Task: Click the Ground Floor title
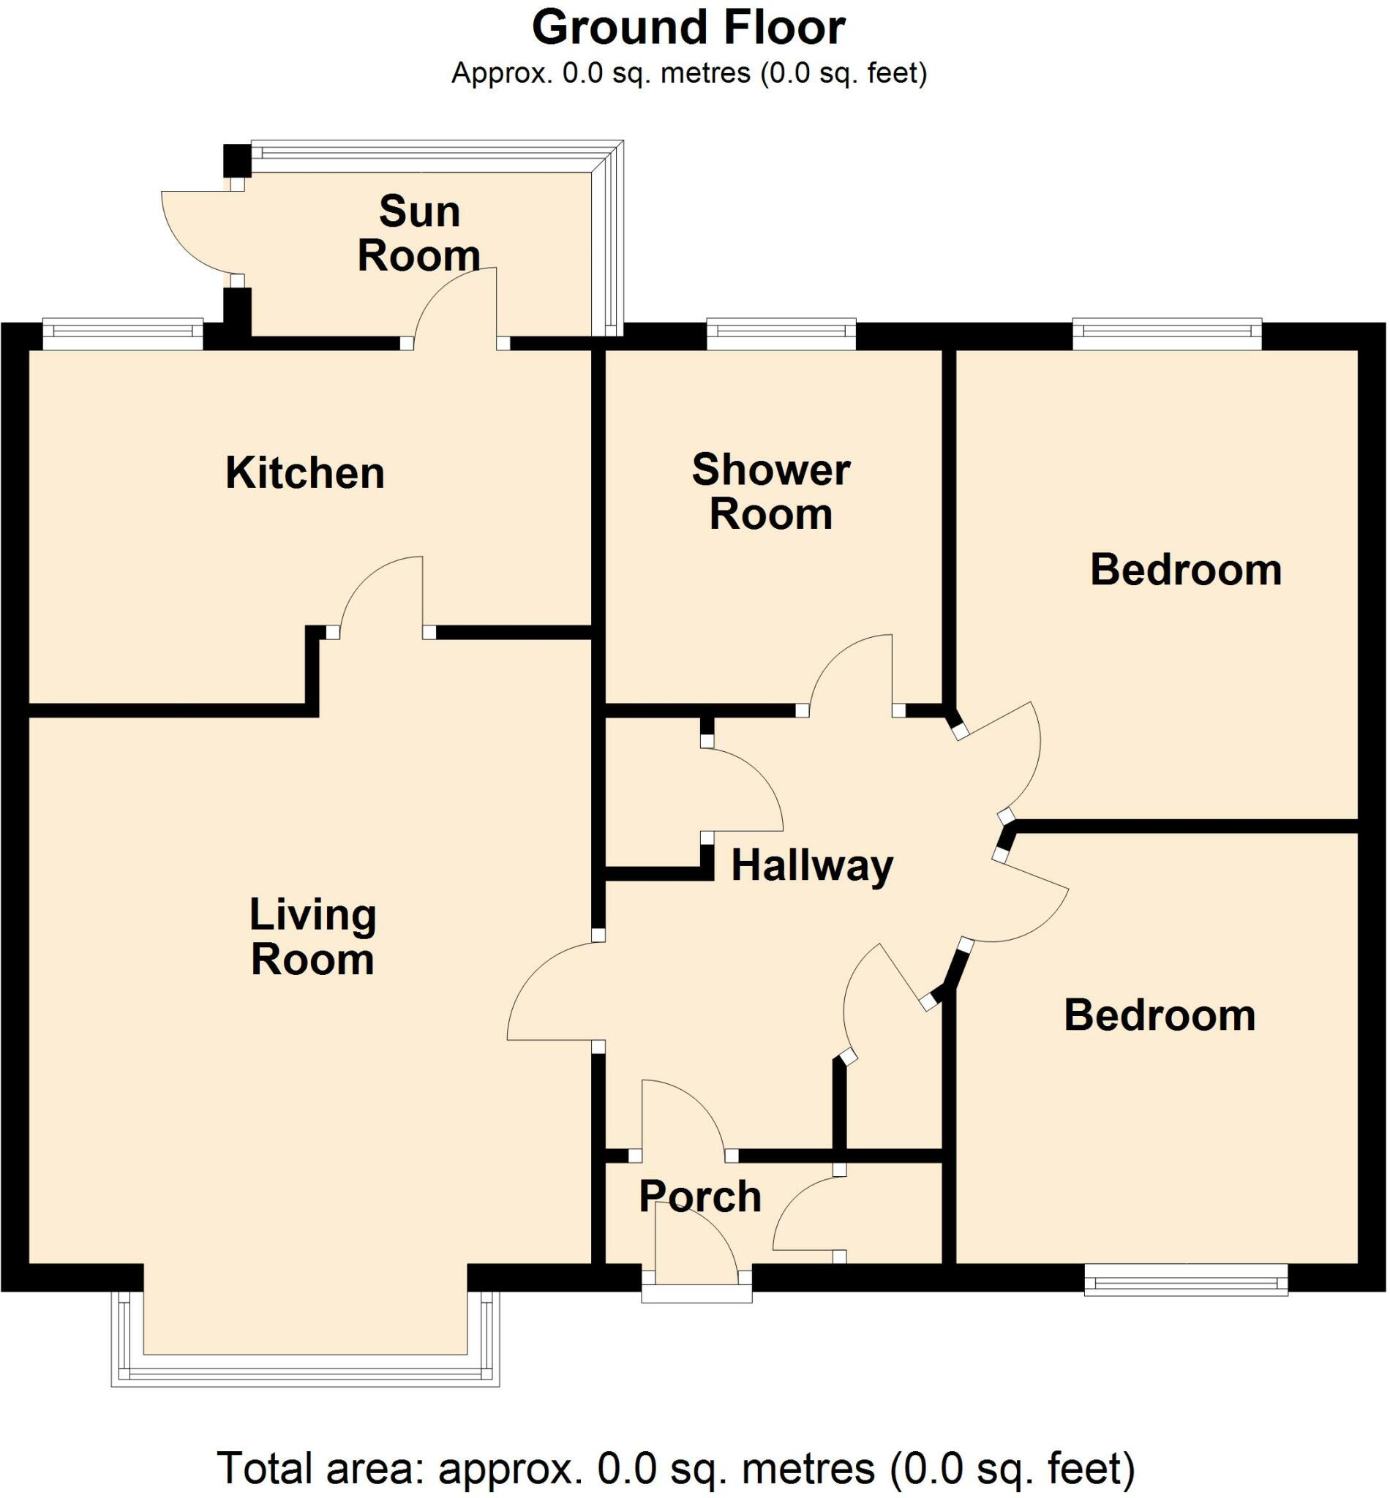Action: click(688, 28)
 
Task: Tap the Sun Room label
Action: click(419, 234)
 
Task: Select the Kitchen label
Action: click(304, 474)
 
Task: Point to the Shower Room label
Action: click(771, 492)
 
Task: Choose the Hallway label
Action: click(811, 865)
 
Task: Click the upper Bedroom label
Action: click(1185, 570)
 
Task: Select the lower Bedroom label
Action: click(1159, 1016)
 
